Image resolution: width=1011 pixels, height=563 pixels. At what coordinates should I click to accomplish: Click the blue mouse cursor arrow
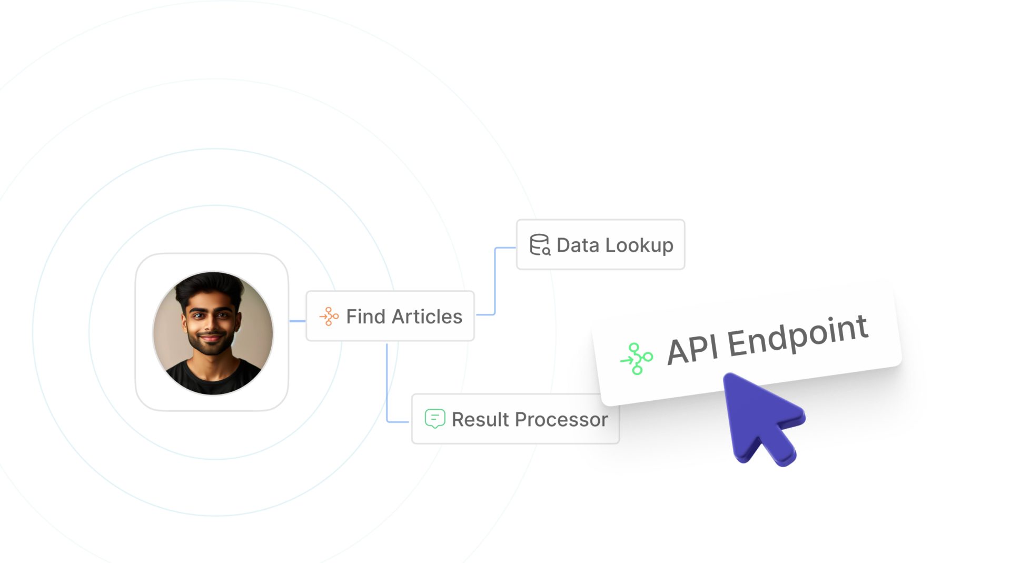tap(761, 416)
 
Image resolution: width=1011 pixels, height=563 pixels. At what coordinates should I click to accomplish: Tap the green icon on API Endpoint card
tap(637, 359)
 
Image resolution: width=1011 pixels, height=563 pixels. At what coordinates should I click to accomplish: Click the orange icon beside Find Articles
tap(329, 317)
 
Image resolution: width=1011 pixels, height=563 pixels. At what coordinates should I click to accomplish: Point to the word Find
tap(366, 317)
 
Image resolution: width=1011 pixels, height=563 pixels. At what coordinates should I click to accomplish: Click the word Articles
tap(427, 317)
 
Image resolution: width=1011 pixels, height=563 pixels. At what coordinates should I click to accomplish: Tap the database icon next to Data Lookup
tap(540, 245)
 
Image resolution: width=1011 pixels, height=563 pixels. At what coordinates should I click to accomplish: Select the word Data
tap(578, 245)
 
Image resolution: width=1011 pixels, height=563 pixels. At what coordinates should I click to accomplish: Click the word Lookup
tap(639, 246)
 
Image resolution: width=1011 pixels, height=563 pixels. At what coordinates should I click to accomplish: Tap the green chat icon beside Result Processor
tap(435, 419)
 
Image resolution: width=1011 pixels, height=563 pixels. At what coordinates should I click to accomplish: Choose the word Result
tap(480, 420)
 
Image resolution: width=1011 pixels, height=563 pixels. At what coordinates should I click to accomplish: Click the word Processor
tap(561, 420)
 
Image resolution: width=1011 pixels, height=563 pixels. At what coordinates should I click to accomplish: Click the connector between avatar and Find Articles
tap(298, 321)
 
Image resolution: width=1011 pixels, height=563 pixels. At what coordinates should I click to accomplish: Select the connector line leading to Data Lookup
tap(495, 281)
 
